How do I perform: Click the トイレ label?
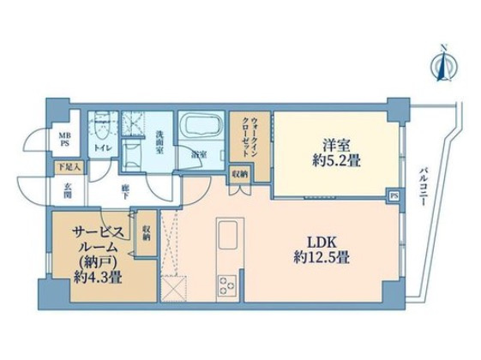point(102,148)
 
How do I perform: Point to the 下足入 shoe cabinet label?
point(68,168)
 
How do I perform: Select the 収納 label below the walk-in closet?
point(239,173)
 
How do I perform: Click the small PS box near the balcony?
point(394,195)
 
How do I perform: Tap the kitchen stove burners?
point(229,285)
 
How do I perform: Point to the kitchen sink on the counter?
point(229,233)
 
